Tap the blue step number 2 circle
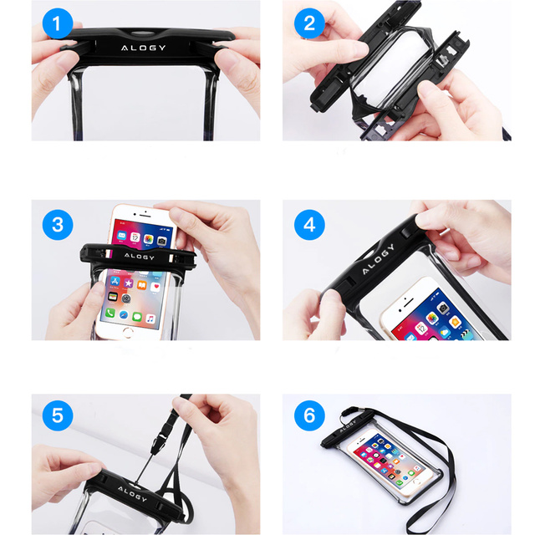coord(309,23)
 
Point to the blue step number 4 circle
coord(309,224)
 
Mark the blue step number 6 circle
coord(309,415)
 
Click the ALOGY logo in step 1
coord(143,47)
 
